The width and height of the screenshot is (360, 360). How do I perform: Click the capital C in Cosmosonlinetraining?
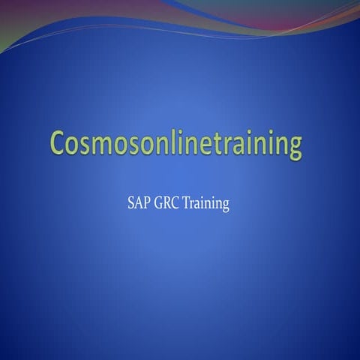(60, 142)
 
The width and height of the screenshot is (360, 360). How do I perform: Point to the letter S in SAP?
(132, 204)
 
